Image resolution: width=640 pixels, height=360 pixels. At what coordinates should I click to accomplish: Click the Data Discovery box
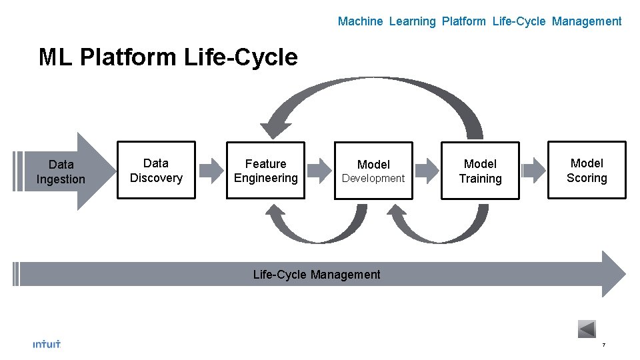pos(156,170)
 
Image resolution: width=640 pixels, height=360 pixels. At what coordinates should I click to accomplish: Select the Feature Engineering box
pos(265,171)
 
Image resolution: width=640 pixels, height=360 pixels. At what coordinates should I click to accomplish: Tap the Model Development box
pos(373,171)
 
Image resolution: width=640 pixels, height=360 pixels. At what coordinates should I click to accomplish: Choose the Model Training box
pos(480,171)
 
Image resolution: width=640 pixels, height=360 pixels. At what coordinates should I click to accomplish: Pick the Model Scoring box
pos(587,170)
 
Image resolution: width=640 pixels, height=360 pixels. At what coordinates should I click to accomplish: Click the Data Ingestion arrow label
pos(61,171)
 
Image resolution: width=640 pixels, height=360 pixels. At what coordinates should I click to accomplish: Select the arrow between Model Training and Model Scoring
pos(533,170)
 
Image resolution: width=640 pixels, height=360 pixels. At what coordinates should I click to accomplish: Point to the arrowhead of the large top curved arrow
pos(274,129)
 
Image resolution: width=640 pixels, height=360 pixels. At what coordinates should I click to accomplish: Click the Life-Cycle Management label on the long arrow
pos(317,274)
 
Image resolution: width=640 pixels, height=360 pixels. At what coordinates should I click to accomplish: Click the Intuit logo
pos(47,344)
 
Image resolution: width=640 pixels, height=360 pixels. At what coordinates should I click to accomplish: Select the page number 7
pos(603,345)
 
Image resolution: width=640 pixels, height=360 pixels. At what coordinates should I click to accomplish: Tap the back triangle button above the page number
pos(587,329)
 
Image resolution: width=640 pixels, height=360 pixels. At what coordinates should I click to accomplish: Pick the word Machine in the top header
pos(360,21)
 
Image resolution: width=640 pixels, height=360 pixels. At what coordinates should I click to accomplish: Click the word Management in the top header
pos(587,21)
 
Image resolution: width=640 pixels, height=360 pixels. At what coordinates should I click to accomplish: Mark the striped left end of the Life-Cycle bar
pos(17,274)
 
